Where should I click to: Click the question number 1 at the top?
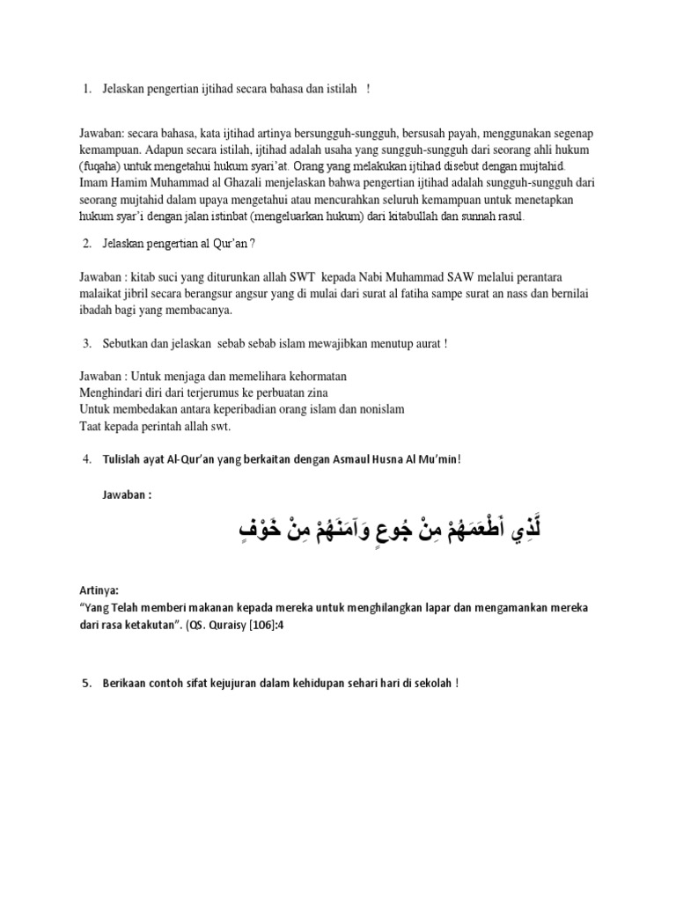point(86,89)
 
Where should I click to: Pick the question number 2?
point(86,243)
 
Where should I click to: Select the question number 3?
point(86,342)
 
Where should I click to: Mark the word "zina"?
point(314,392)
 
